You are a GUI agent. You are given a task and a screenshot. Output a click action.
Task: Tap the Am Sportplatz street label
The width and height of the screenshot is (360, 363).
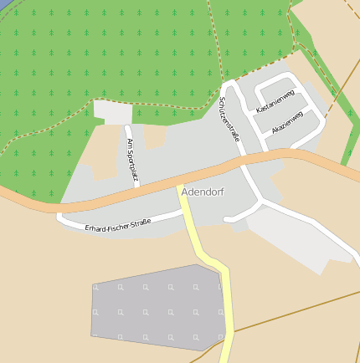(x=131, y=159)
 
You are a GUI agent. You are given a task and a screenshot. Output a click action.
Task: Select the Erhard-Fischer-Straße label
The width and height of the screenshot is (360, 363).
(x=117, y=223)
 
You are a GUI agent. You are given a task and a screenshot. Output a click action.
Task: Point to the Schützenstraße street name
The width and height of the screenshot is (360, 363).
(x=229, y=119)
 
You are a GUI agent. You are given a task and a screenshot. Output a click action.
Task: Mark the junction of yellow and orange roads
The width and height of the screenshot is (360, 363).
(x=181, y=187)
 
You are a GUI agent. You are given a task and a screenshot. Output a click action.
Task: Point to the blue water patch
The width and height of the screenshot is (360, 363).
(x=4, y=3)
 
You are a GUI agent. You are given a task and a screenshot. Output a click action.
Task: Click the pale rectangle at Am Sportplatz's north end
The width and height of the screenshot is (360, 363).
(x=112, y=112)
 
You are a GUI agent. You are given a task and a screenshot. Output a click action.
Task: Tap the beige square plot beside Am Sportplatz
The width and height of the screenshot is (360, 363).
(x=156, y=136)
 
